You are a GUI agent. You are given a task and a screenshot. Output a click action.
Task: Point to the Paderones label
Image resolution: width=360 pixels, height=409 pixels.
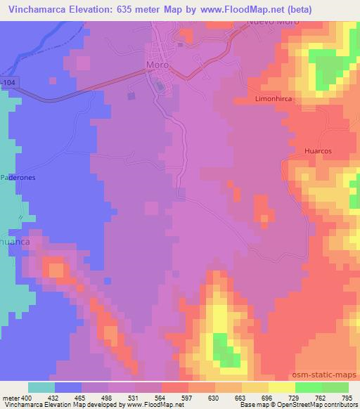(18, 178)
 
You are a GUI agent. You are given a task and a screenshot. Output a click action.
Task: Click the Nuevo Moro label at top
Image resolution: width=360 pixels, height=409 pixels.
(273, 22)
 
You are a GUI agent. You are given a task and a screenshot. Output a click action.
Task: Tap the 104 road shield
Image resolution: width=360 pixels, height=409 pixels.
(7, 84)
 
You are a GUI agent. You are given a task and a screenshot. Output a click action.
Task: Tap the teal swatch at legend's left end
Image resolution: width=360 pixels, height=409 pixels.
(41, 387)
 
